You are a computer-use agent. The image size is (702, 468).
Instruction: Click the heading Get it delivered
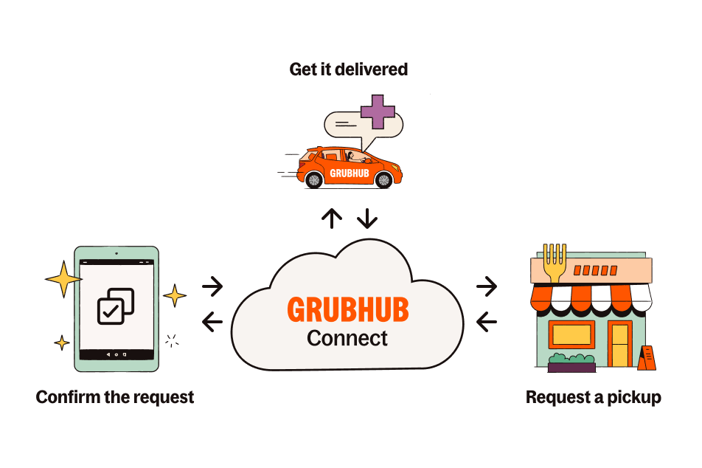pyautogui.click(x=348, y=69)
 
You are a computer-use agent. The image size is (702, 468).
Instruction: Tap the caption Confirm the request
pyautogui.click(x=115, y=397)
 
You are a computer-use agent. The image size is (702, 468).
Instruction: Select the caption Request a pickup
pyautogui.click(x=593, y=397)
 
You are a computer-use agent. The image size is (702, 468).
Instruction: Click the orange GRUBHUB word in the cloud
pyautogui.click(x=347, y=310)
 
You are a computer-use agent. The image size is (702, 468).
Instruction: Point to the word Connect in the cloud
pyautogui.click(x=347, y=339)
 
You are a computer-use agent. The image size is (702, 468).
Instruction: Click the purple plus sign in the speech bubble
pyautogui.click(x=378, y=111)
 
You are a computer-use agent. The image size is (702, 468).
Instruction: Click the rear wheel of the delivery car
pyautogui.click(x=313, y=179)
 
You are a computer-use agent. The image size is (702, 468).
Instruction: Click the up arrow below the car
pyautogui.click(x=332, y=218)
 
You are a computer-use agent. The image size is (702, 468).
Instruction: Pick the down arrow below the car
pyautogui.click(x=366, y=218)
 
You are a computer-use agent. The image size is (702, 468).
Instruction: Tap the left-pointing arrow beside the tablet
pyautogui.click(x=212, y=321)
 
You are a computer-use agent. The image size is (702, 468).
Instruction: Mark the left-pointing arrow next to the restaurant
pyautogui.click(x=487, y=321)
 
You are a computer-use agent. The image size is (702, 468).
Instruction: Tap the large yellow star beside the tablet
pyautogui.click(x=63, y=280)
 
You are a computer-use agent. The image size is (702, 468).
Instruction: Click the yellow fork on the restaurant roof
pyautogui.click(x=553, y=263)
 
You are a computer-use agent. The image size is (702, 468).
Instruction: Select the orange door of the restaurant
pyautogui.click(x=619, y=343)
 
